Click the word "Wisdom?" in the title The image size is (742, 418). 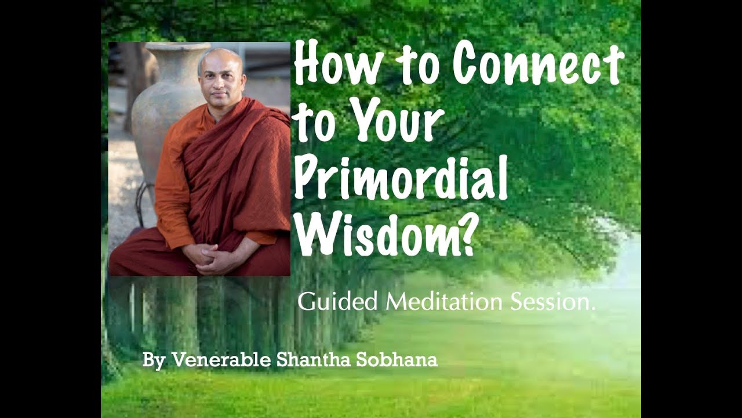(x=383, y=237)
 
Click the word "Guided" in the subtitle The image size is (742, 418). (x=339, y=302)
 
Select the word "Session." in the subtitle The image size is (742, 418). (x=554, y=302)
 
